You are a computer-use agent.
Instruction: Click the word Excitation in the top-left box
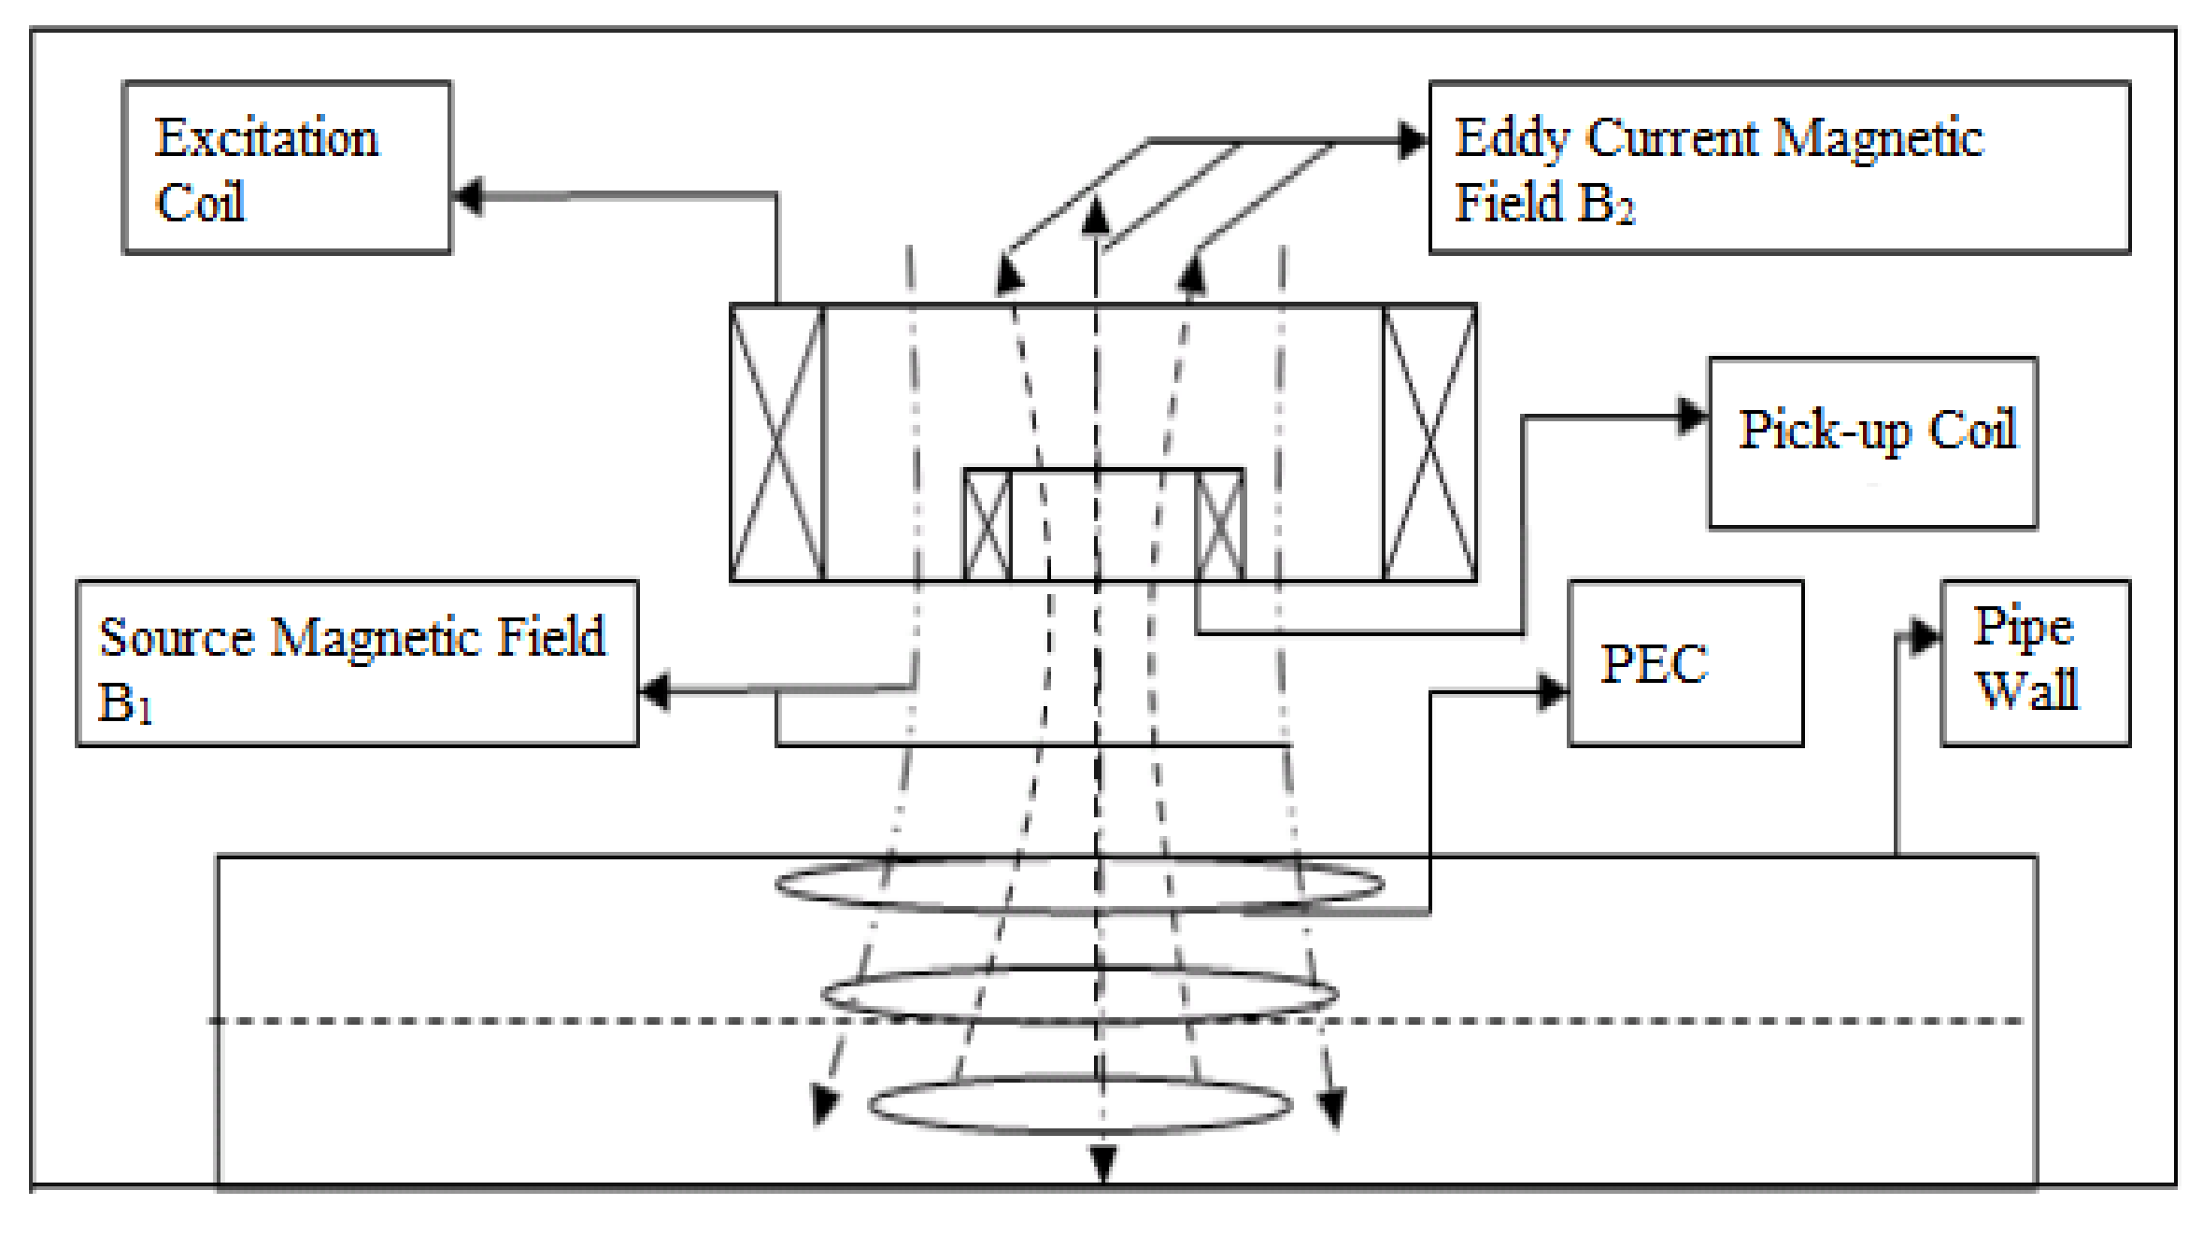pyautogui.click(x=266, y=138)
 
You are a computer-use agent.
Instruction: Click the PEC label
pyautogui.click(x=1654, y=664)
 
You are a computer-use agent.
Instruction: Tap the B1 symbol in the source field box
pyautogui.click(x=124, y=702)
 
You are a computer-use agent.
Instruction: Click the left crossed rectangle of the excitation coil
pyautogui.click(x=776, y=443)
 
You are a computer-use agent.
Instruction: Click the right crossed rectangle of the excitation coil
pyautogui.click(x=1429, y=443)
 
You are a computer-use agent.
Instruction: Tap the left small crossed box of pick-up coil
pyautogui.click(x=988, y=526)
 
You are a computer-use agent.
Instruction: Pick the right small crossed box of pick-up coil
pyautogui.click(x=1219, y=526)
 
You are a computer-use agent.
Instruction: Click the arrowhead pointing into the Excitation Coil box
pyautogui.click(x=468, y=196)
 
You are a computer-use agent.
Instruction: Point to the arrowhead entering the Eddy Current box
pyautogui.click(x=1414, y=141)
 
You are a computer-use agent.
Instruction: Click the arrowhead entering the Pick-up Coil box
pyautogui.click(x=1693, y=416)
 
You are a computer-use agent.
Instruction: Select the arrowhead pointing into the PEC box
pyautogui.click(x=1554, y=692)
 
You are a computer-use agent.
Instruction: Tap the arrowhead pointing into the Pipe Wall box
pyautogui.click(x=1926, y=636)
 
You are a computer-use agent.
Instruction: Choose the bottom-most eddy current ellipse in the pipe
pyautogui.click(x=1080, y=1105)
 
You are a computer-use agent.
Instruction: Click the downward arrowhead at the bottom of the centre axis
pyautogui.click(x=1103, y=1164)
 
